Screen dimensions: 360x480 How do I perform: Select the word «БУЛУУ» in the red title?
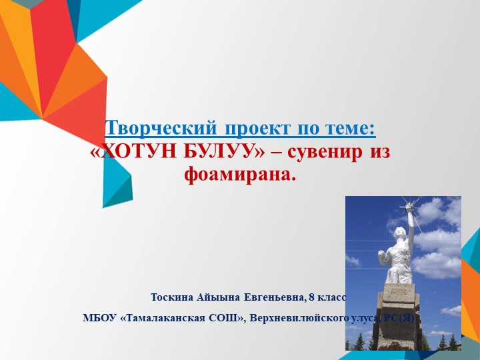(215, 152)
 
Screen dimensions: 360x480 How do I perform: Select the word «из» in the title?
(379, 152)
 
